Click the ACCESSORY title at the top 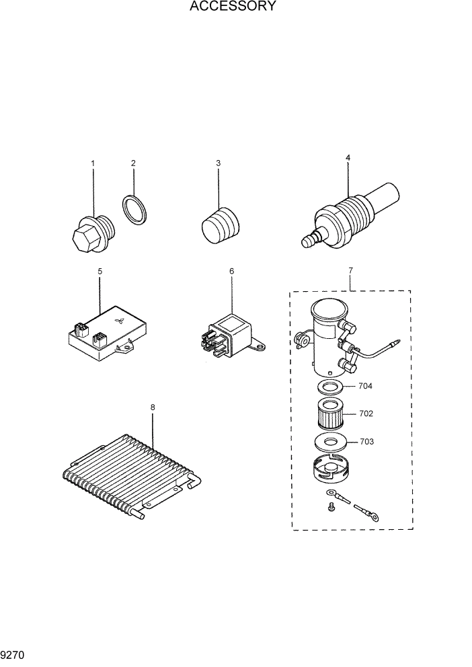(x=233, y=7)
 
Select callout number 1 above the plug (x=93, y=163)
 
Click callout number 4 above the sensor (x=348, y=158)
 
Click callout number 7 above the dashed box (x=350, y=270)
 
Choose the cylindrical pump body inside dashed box (x=327, y=336)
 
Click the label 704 (x=366, y=387)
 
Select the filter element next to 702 (x=331, y=415)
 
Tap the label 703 (x=367, y=442)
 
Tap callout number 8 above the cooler (x=153, y=407)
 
